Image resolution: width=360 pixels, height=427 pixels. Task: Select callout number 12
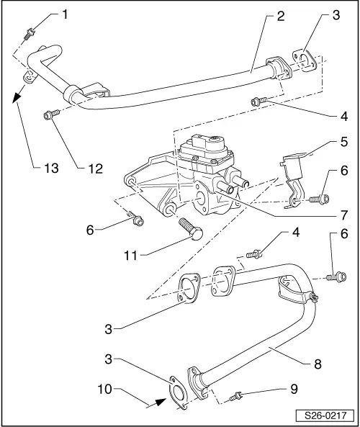tap(93, 169)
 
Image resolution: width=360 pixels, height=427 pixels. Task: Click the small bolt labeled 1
tap(29, 31)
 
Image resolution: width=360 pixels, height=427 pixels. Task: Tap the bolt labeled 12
tap(50, 114)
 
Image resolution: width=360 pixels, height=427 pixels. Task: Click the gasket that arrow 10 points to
tap(176, 394)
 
